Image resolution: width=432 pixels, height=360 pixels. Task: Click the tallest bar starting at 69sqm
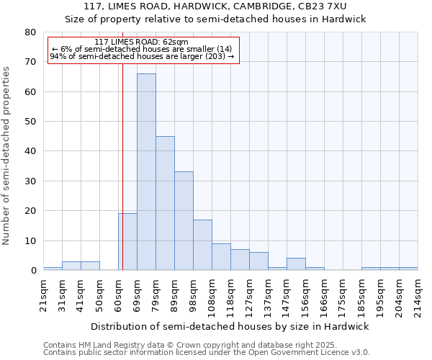tap(146, 172)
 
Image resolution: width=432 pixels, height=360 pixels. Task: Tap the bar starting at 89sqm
tap(184, 221)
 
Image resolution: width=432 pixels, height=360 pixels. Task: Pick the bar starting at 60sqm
tap(128, 242)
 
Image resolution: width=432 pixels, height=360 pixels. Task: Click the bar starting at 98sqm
tap(202, 245)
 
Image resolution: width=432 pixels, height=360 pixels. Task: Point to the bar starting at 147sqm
tap(296, 264)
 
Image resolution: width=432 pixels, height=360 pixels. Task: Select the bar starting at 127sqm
tap(258, 261)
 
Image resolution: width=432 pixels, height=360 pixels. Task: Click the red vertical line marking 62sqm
tap(123, 166)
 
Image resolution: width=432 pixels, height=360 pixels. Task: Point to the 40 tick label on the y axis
tap(30, 151)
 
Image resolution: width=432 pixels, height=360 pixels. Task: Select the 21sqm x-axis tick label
tap(43, 295)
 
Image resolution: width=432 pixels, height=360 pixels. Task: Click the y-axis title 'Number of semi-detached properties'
tap(7, 156)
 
